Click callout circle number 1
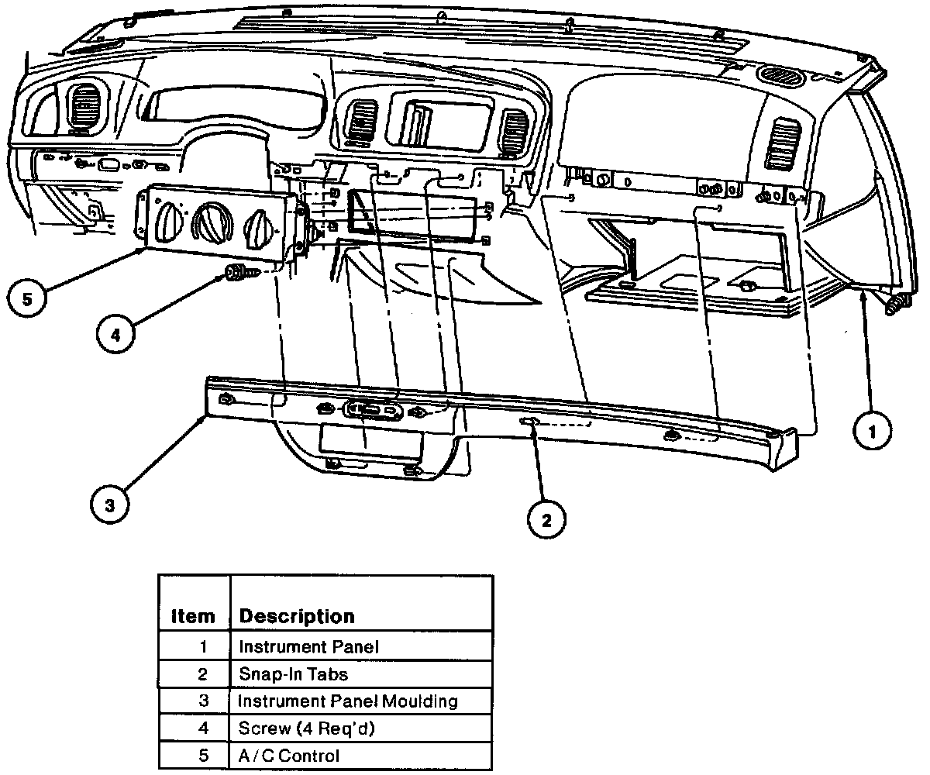(x=872, y=432)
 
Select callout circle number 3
(x=110, y=505)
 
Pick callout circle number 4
(x=115, y=335)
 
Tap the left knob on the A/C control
(x=167, y=223)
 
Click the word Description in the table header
(x=297, y=616)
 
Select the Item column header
(x=193, y=616)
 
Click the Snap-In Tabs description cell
(x=294, y=673)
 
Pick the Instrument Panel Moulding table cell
(x=348, y=701)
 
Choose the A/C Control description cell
(x=289, y=756)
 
